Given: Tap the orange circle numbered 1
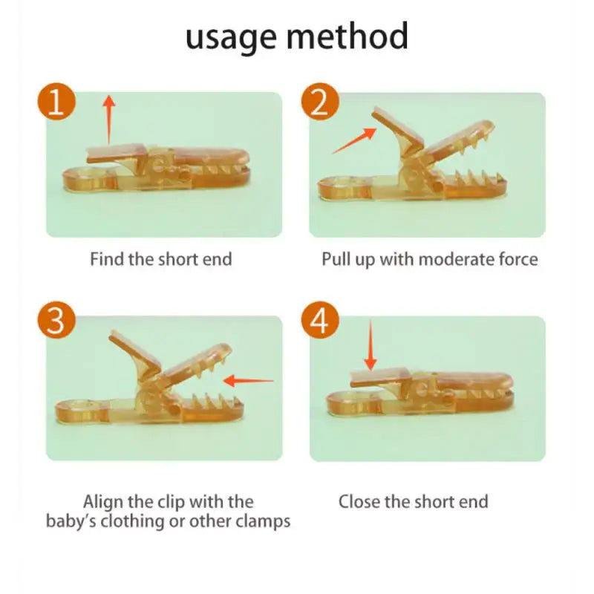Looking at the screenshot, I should tap(56, 103).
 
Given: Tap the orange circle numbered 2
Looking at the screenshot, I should tap(319, 103).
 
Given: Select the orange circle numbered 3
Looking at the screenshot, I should tap(56, 321).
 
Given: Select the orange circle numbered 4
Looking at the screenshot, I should tap(319, 321).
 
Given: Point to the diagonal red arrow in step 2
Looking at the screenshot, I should tap(353, 140).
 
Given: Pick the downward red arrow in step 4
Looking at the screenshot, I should tap(370, 345).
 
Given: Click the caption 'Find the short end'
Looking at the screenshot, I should tap(161, 259).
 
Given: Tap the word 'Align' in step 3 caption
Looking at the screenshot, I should tap(103, 502).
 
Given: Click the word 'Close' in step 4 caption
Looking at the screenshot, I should tap(359, 502).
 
